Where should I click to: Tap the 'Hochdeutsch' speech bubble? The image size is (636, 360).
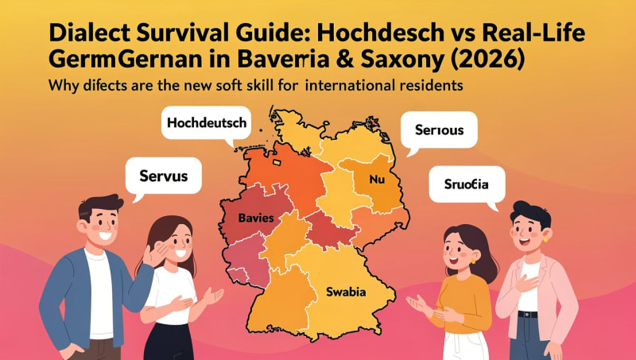coord(207,123)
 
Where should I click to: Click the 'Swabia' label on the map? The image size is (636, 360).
coord(346,292)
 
